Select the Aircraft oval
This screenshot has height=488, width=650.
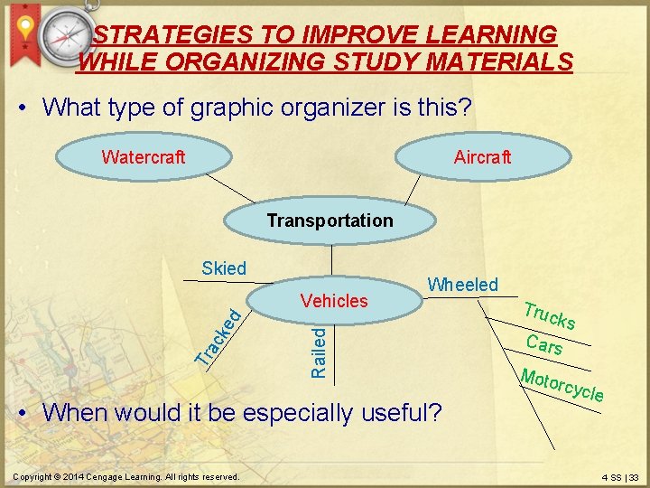coord(482,157)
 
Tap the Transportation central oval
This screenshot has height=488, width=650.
coord(330,221)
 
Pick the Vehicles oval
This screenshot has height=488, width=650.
coord(333,301)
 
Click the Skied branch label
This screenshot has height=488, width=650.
coord(224,267)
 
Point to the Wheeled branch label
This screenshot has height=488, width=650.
coord(462,285)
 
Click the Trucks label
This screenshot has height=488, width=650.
coord(550,314)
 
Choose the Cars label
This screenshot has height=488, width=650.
coord(544,345)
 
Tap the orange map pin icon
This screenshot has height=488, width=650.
coord(26,31)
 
